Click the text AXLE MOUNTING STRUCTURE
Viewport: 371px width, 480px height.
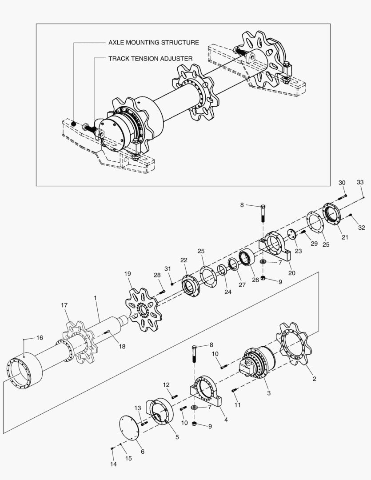click(x=154, y=42)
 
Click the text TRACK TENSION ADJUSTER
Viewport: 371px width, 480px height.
click(x=151, y=59)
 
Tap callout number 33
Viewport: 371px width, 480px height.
click(x=360, y=182)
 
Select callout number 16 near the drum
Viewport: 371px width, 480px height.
click(x=40, y=338)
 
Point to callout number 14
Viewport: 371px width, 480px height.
click(x=113, y=464)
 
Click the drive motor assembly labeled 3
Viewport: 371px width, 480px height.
click(x=257, y=363)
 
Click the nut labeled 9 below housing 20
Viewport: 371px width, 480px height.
click(x=263, y=278)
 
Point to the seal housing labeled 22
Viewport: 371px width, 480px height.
click(x=191, y=286)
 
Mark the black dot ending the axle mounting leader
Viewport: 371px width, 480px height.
click(x=74, y=124)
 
